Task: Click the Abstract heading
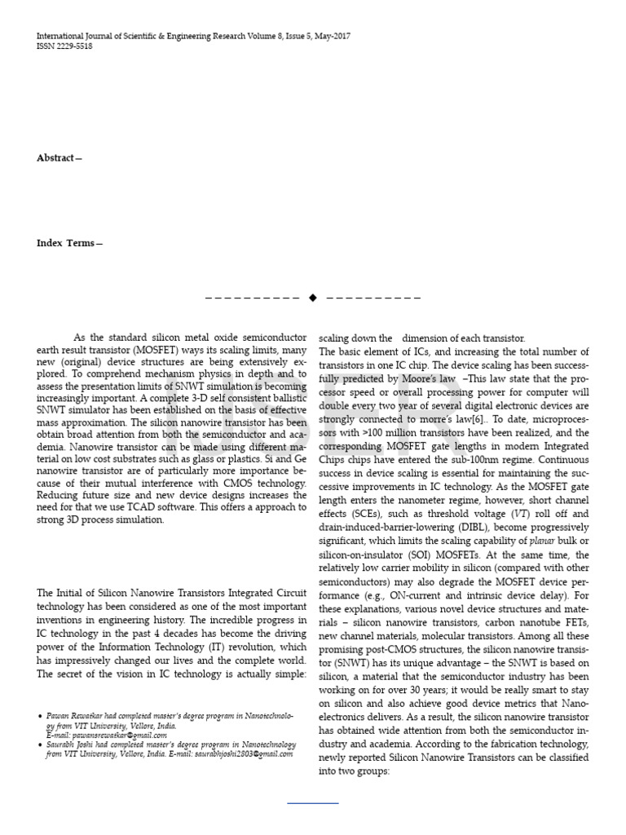[x=59, y=157]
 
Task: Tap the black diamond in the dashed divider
[x=312, y=298]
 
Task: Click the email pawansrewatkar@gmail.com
[x=108, y=735]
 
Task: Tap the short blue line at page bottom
[x=312, y=803]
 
